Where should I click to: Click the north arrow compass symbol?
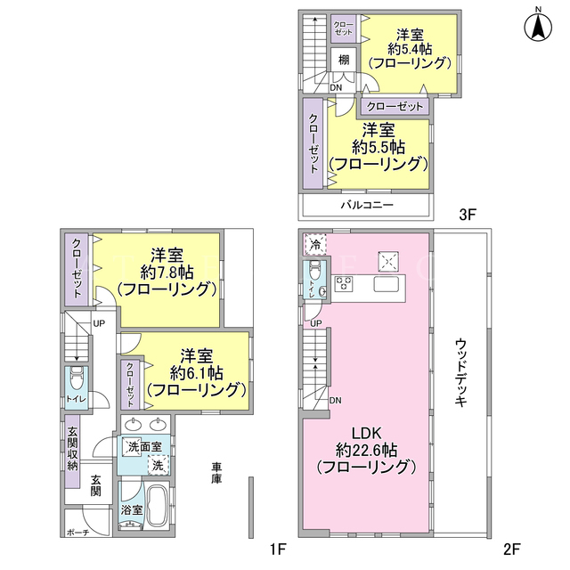tap(538, 26)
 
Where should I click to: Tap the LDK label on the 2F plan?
tap(366, 434)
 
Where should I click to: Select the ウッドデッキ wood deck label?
tap(460, 372)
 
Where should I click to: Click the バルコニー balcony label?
tap(367, 206)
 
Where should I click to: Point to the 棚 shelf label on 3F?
tap(344, 60)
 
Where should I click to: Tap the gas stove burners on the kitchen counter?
tap(344, 284)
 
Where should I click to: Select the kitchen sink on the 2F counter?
tap(387, 284)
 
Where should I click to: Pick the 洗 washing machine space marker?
tap(159, 465)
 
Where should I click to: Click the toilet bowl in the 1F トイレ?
tap(77, 378)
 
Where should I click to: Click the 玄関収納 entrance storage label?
tap(73, 449)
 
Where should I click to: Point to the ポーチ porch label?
tap(78, 533)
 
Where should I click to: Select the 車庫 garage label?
tap(216, 473)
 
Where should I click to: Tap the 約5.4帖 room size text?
tap(410, 49)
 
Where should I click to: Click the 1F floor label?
tap(277, 549)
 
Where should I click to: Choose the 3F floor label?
tap(468, 215)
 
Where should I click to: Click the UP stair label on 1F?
tap(99, 323)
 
